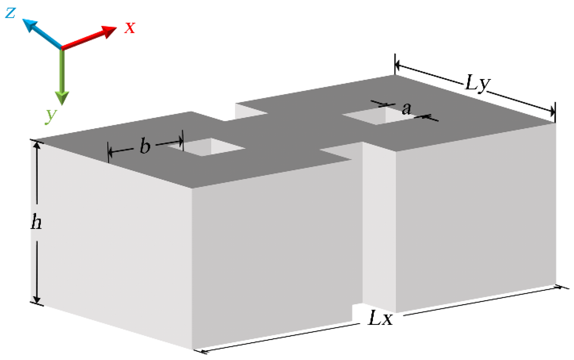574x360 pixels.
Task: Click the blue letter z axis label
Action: [10, 13]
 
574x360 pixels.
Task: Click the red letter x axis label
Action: [130, 28]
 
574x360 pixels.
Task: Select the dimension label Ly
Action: [478, 83]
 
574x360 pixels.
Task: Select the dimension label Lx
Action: [380, 318]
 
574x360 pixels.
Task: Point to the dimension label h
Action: [36, 222]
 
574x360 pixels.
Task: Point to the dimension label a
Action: [407, 109]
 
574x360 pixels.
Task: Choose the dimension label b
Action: [145, 145]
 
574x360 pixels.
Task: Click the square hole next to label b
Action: [207, 147]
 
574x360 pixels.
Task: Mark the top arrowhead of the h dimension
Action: [37, 146]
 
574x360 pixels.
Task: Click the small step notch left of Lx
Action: [357, 313]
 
